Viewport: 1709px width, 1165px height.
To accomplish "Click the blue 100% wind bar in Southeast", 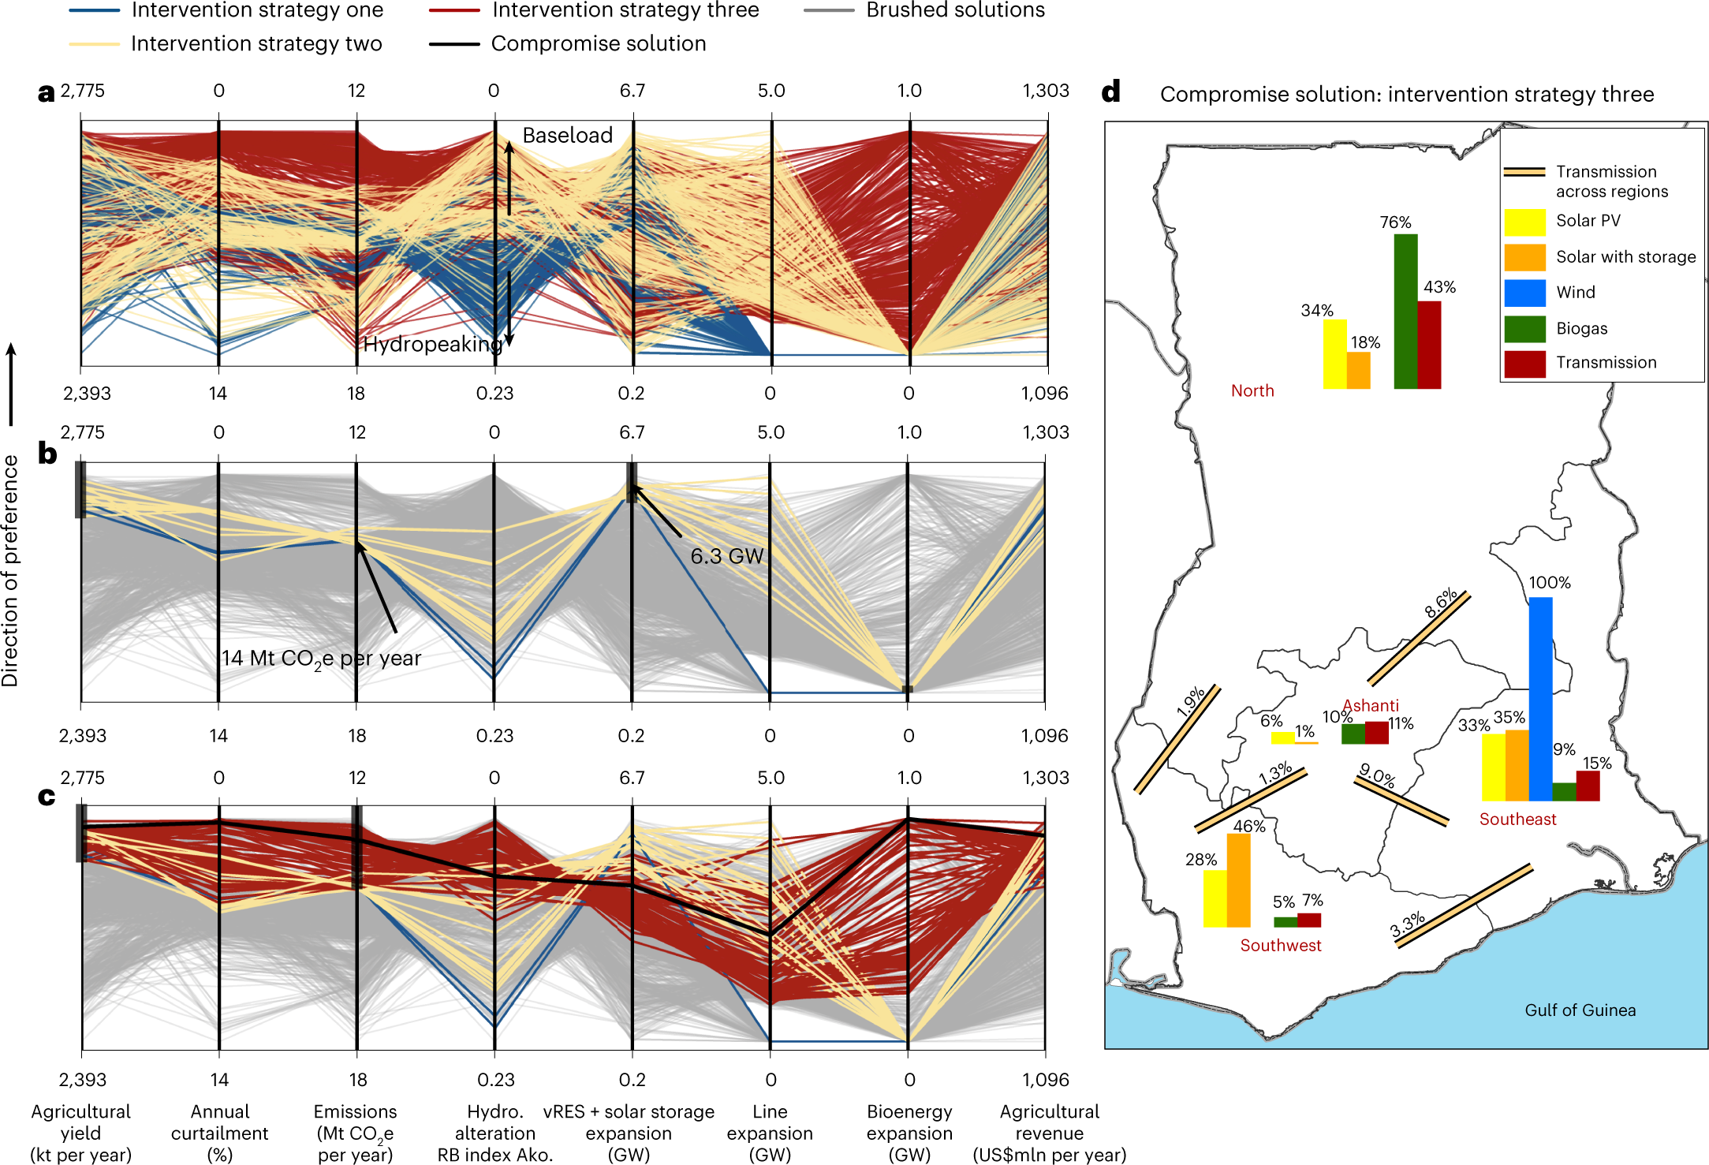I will pos(1539,698).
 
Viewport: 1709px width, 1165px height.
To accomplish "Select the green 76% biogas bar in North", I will pos(1405,312).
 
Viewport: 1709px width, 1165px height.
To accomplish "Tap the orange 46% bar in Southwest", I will pos(1238,879).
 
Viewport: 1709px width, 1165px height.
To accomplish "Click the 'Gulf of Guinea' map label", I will pos(1580,1010).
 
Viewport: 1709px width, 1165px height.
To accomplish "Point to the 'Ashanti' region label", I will pos(1371,705).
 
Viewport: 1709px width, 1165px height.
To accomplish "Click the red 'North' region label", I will pos(1252,390).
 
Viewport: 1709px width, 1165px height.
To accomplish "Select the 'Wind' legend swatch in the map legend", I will pos(1524,293).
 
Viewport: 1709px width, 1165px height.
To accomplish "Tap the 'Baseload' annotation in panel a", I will pos(567,135).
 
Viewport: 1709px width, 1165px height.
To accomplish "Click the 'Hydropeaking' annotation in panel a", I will pos(432,344).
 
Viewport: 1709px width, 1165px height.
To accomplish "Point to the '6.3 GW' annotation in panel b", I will pos(726,556).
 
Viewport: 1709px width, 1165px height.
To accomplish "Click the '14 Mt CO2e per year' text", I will pos(321,658).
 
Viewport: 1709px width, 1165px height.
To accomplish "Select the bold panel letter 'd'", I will pos(1110,92).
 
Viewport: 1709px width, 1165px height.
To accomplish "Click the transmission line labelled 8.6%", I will pos(1419,639).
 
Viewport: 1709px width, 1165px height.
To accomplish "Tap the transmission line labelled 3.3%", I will pos(1465,905).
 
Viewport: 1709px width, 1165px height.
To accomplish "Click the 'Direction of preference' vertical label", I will pos(10,570).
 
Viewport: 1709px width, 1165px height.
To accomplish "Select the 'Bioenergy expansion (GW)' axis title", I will pos(909,1133).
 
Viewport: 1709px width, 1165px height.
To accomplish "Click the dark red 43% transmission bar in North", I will pos(1428,345).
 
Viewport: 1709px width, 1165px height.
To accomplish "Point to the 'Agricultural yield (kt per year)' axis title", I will pos(80,1133).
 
